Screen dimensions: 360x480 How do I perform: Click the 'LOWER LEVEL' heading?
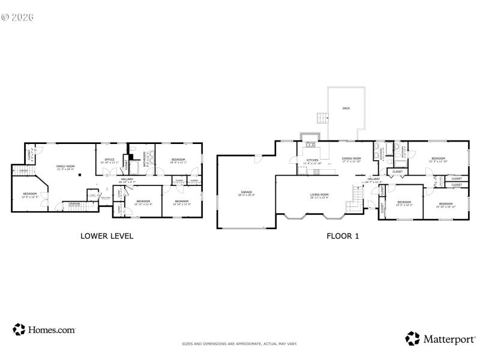107,236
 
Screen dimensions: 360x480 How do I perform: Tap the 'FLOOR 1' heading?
343,236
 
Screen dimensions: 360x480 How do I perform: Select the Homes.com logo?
44,329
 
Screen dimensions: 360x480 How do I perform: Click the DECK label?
346,109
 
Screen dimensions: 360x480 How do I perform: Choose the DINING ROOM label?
352,160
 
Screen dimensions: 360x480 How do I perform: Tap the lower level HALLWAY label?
127,179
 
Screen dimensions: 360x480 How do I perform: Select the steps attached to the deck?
322,118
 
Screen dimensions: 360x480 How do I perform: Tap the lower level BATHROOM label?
145,162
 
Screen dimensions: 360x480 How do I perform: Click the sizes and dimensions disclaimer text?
239,344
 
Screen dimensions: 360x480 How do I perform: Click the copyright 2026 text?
17,16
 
